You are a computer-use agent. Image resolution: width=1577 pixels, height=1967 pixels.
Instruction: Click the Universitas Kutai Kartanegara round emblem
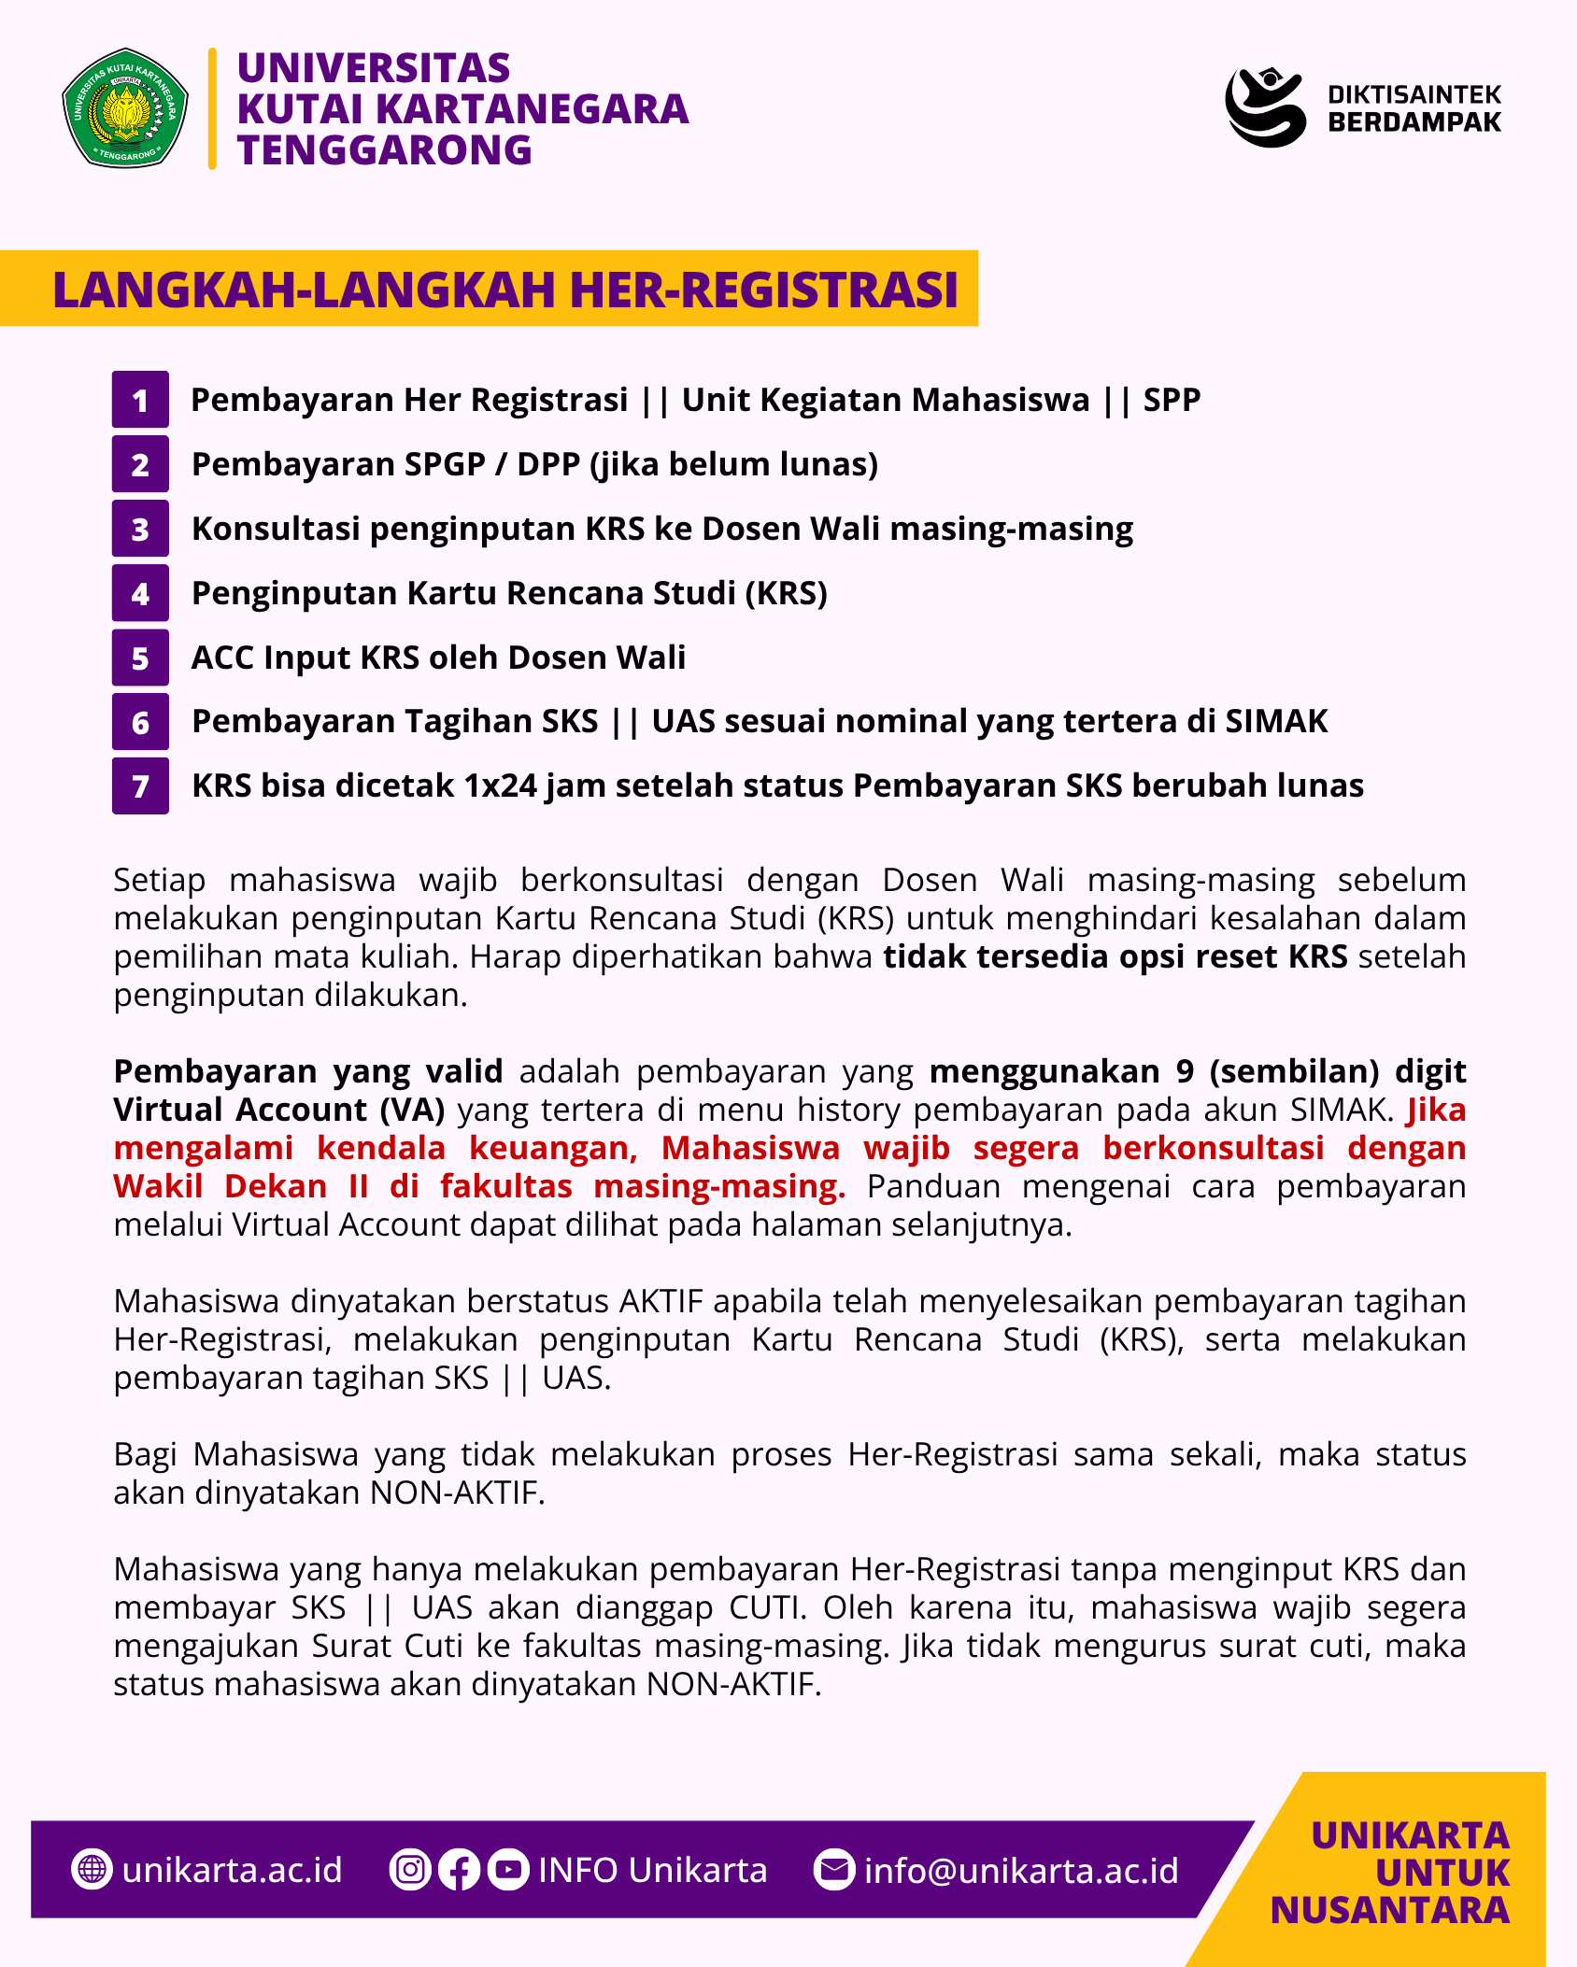(125, 108)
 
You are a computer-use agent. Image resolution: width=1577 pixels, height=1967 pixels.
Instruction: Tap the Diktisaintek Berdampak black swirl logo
(1265, 106)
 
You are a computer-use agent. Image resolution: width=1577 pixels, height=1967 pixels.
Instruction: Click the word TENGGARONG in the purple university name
(384, 150)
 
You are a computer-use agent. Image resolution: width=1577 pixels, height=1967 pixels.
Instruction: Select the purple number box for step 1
(140, 400)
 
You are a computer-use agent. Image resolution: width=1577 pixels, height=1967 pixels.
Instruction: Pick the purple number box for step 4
(140, 593)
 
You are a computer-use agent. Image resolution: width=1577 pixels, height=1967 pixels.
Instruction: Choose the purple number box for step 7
(140, 786)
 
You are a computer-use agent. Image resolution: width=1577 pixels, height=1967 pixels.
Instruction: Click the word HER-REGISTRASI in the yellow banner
(763, 289)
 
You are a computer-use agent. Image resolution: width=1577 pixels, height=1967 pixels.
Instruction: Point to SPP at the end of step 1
(1172, 400)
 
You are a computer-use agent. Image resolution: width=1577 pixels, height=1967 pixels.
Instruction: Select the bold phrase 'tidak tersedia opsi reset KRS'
(1115, 956)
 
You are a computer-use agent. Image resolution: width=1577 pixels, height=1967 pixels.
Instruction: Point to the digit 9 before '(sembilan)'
(1185, 1071)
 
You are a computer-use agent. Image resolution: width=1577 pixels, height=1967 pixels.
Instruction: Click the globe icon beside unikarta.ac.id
(92, 1870)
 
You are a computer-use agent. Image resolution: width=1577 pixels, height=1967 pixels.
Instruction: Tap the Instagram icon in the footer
(409, 1870)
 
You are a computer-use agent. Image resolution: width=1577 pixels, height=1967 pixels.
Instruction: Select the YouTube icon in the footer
(508, 1870)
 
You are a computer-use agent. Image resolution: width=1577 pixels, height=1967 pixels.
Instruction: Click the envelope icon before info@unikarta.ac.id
(834, 1870)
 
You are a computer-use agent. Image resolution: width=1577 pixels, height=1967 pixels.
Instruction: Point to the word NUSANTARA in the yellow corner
(1390, 1911)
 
